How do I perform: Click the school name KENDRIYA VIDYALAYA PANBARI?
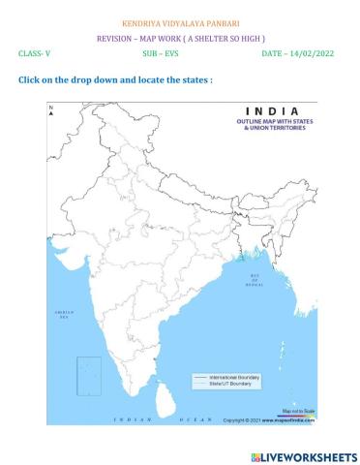point(181,21)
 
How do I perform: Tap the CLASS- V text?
point(34,54)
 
